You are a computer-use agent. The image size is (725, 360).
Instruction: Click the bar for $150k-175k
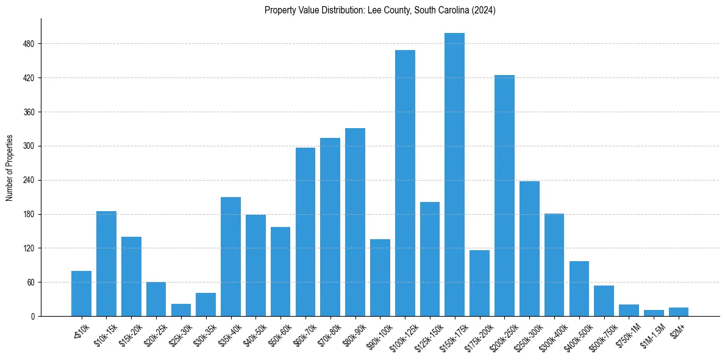pos(454,175)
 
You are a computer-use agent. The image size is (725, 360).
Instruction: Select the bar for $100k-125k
pos(405,183)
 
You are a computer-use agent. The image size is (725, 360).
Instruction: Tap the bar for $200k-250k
pos(504,195)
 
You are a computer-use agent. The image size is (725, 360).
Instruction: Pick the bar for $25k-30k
pos(181,310)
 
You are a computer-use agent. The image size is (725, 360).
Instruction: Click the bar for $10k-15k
pos(106,264)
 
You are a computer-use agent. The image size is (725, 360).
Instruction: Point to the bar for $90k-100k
pos(380,278)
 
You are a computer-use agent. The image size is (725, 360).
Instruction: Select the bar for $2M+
pos(678,312)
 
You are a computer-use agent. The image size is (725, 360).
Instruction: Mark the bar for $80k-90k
pos(355,222)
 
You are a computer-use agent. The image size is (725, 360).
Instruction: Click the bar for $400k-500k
pos(579,289)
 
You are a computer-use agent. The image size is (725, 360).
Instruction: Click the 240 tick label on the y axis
pos(29,180)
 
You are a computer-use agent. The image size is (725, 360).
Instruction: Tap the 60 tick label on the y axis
pos(31,283)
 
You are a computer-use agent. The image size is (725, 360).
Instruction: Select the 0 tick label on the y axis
pos(33,316)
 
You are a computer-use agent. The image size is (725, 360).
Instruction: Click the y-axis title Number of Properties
pos(10,167)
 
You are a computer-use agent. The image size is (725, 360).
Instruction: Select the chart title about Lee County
pos(380,10)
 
